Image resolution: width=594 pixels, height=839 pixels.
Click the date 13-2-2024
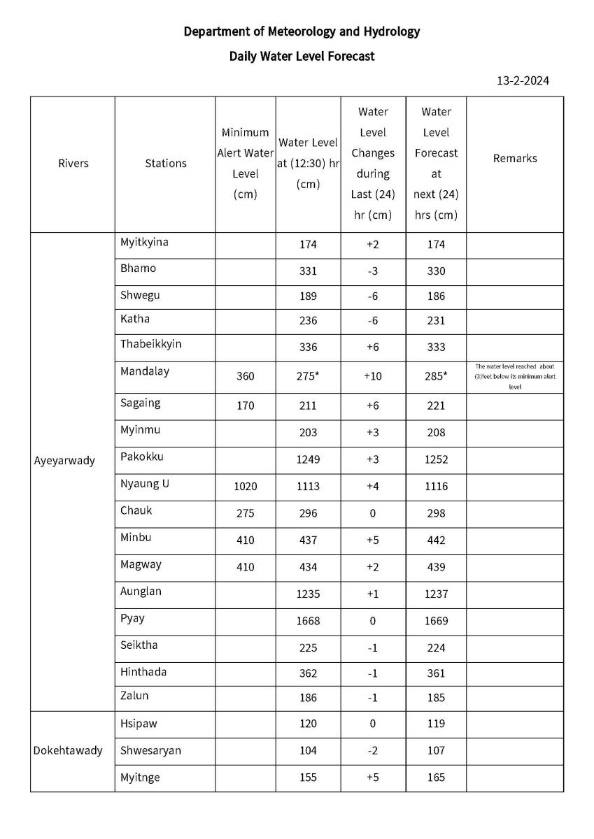click(523, 80)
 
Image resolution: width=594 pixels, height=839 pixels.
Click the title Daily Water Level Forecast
click(302, 56)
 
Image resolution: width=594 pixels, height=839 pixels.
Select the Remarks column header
click(514, 159)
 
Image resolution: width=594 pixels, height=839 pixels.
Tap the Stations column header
click(166, 164)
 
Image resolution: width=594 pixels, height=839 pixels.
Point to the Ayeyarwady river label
click(64, 461)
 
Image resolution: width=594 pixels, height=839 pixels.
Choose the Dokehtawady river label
click(68, 751)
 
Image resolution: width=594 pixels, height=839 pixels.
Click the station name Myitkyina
click(144, 243)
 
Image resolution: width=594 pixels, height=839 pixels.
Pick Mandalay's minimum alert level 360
click(245, 376)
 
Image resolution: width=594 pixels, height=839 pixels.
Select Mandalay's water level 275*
click(308, 376)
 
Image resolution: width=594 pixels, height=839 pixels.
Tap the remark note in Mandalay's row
click(515, 376)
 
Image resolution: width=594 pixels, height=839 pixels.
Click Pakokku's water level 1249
click(308, 459)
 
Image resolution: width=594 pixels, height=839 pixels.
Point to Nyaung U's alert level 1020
click(245, 487)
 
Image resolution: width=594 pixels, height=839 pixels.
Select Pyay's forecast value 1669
click(437, 621)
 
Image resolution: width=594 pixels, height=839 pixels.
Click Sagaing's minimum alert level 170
click(245, 406)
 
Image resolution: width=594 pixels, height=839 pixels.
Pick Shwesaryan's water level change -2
click(372, 751)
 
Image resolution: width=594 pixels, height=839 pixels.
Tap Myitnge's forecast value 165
click(437, 777)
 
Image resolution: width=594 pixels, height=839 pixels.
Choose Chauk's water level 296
click(308, 513)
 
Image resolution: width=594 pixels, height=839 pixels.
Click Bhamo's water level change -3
click(372, 271)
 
